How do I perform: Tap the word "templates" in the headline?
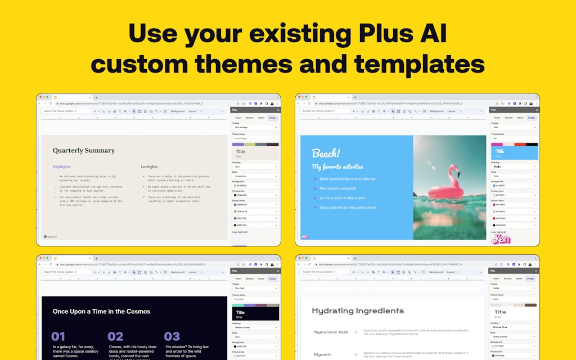(x=419, y=64)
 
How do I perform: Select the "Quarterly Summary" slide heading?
(x=84, y=151)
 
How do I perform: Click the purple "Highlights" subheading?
(x=62, y=166)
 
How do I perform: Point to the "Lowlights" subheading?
(x=149, y=166)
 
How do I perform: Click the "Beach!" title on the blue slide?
(x=326, y=154)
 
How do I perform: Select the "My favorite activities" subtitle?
(x=337, y=166)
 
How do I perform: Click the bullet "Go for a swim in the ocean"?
(x=342, y=198)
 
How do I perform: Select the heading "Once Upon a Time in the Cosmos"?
(x=101, y=311)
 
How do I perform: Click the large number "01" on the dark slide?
(x=58, y=336)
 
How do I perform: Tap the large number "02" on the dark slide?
(x=115, y=336)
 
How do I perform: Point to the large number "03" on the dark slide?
(x=172, y=336)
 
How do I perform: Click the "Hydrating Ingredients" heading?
(x=358, y=310)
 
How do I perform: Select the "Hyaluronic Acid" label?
(x=331, y=332)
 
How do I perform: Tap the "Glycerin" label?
(x=323, y=354)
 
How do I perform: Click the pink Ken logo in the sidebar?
(x=500, y=239)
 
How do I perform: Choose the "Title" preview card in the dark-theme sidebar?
(x=256, y=313)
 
